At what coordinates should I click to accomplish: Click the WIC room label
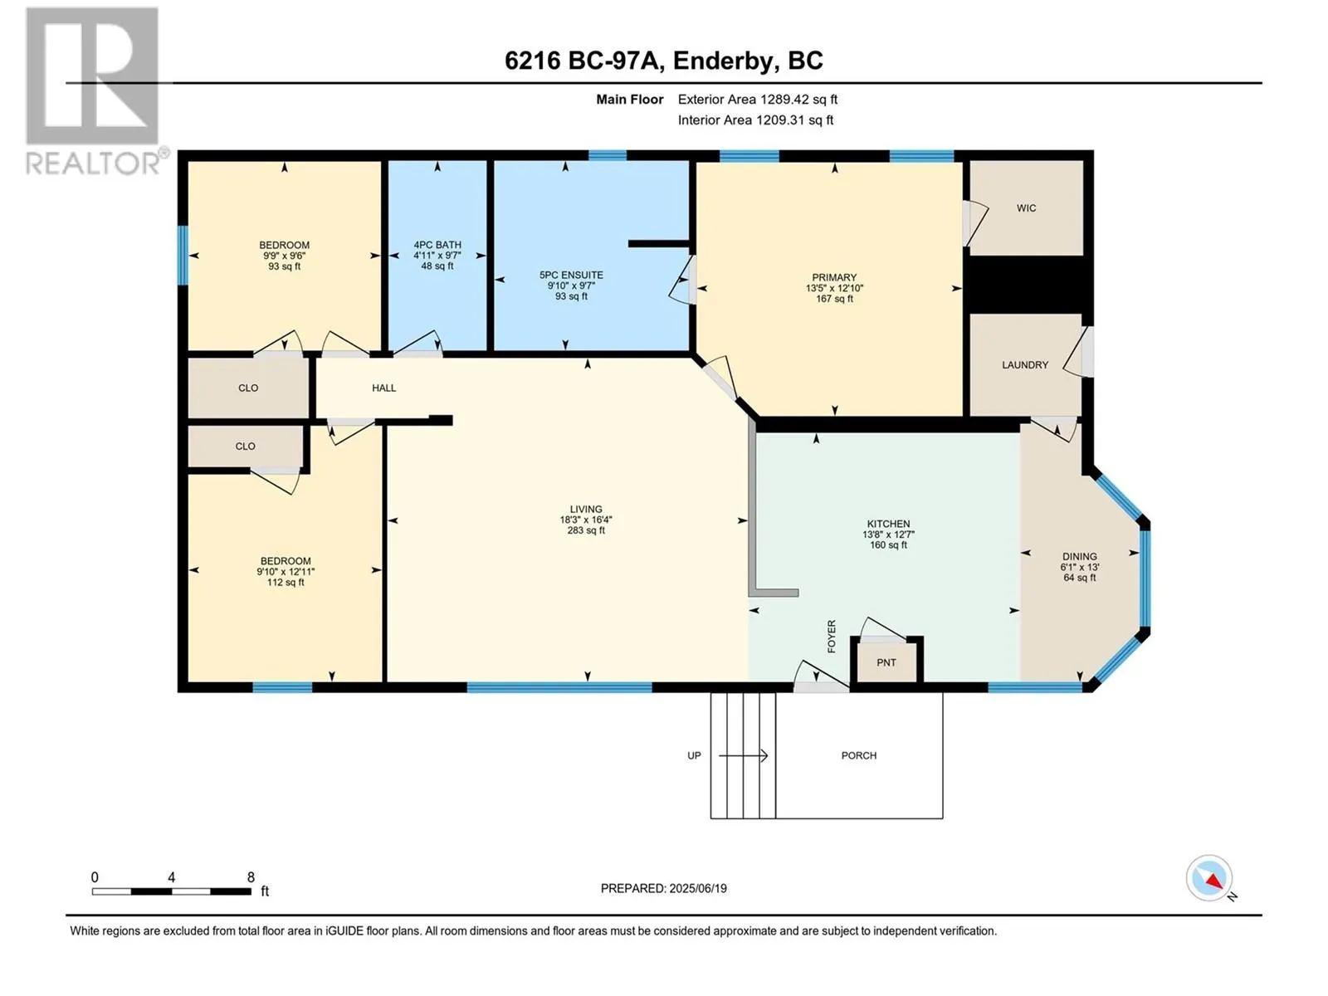tap(1026, 208)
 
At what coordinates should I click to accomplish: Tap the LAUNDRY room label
tap(1025, 364)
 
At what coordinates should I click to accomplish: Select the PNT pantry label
tap(886, 663)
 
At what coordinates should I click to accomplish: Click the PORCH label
tap(858, 755)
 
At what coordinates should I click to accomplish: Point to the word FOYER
tap(832, 636)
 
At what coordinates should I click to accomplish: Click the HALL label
tap(384, 388)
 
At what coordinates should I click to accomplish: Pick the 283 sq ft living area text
tap(586, 530)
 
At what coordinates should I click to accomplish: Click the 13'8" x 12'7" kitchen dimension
tap(888, 535)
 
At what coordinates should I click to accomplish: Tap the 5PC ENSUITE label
tap(571, 276)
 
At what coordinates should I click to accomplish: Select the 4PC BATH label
tap(437, 245)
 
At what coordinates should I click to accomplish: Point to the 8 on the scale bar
tap(251, 876)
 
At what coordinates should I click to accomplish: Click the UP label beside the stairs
tap(694, 755)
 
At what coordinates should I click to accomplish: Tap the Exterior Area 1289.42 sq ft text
tap(758, 99)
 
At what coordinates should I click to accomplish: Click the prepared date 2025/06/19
tap(697, 888)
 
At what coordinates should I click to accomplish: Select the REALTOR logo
tap(95, 90)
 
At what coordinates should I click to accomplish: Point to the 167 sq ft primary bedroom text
tap(834, 299)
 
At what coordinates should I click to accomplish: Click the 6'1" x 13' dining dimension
tap(1079, 567)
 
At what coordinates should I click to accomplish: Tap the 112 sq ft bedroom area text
tap(286, 583)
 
